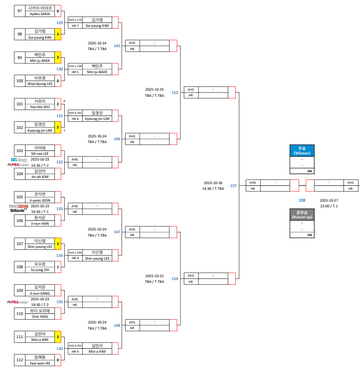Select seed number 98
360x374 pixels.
(x=20, y=34)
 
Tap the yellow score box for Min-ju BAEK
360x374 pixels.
(x=58, y=57)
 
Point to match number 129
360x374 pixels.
(x=60, y=22)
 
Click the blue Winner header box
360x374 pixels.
(x=301, y=151)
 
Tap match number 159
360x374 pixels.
(x=302, y=200)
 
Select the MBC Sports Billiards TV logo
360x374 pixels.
(x=19, y=208)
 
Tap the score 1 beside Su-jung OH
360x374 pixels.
(x=58, y=267)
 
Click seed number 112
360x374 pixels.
(x=20, y=360)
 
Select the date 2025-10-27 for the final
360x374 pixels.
(x=329, y=200)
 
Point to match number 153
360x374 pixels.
(x=175, y=93)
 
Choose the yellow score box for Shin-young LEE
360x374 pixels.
(x=58, y=244)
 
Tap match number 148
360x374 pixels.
(x=117, y=325)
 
